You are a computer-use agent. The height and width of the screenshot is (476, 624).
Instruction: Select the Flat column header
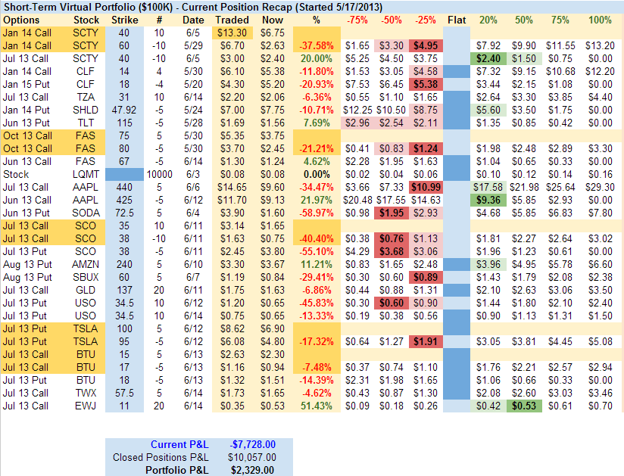(457, 20)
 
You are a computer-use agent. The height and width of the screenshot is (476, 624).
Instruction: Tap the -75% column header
(357, 20)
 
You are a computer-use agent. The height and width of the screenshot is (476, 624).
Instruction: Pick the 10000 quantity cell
(158, 173)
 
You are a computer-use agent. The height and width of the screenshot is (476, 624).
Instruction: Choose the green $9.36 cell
(488, 199)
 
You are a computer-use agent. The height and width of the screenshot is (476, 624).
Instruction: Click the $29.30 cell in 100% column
(600, 186)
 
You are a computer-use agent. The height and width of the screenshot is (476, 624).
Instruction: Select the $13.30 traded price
(232, 33)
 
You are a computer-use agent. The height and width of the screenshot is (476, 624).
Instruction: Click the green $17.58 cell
(488, 186)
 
